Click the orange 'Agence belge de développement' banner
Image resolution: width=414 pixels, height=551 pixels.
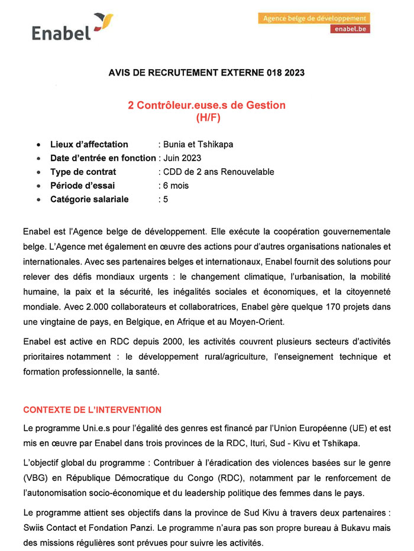(313, 18)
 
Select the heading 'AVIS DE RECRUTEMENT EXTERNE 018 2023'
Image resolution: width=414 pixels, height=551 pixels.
(207, 73)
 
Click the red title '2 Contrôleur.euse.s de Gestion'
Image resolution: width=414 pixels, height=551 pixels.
(207, 105)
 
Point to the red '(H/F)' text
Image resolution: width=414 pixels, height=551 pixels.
(207, 117)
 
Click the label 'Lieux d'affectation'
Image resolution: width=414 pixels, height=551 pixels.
(89, 144)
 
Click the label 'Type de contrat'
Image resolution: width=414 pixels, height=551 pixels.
(83, 172)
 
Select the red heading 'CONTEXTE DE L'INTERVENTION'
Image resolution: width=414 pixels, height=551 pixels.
(92, 409)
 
